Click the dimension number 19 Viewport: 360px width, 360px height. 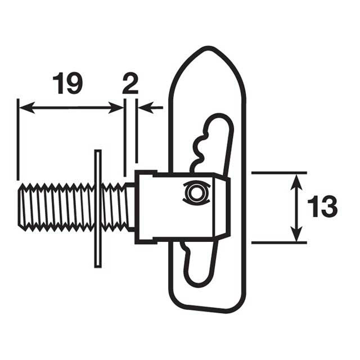tap(67, 83)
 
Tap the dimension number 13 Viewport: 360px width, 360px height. tap(322, 207)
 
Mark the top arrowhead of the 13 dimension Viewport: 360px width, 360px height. tap(296, 178)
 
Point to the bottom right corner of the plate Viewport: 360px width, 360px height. tap(239, 307)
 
